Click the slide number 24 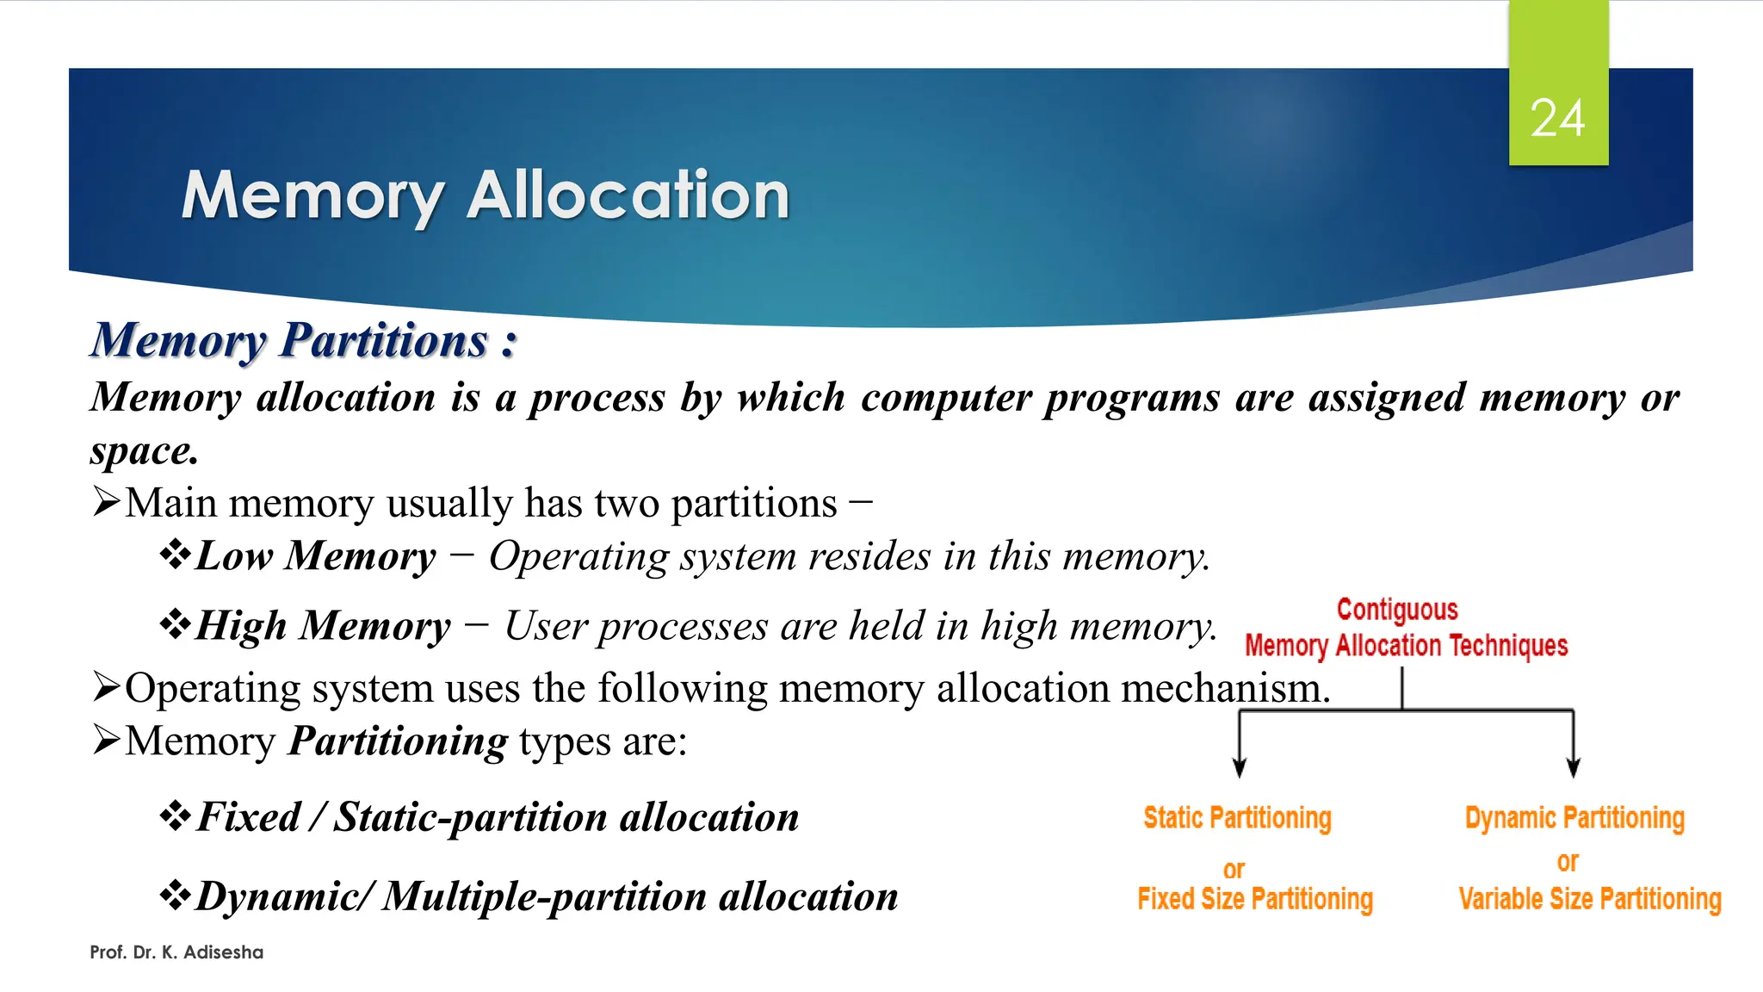click(1557, 118)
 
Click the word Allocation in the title click(628, 195)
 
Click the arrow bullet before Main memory click(106, 501)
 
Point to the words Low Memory click(316, 555)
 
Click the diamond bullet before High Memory click(175, 624)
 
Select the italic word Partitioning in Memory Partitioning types click(398, 741)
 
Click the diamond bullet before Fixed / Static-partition click(175, 815)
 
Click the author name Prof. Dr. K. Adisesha click(176, 952)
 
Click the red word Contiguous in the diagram click(1396, 610)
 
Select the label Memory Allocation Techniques click(1406, 646)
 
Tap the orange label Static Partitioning click(1237, 817)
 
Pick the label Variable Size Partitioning click(1589, 899)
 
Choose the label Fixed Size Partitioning click(1254, 899)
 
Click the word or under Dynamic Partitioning click(1567, 862)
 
